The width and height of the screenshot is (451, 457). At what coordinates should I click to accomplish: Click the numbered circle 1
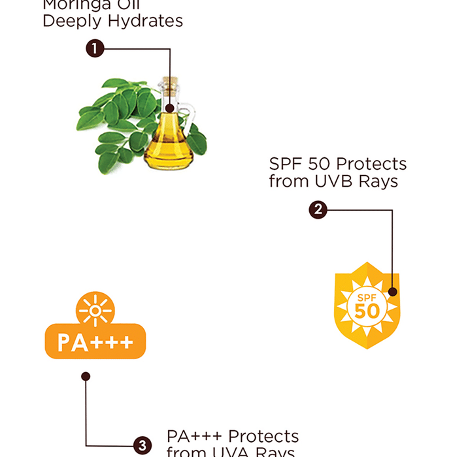coord(95,48)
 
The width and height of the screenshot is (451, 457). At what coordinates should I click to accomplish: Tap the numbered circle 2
coord(318,210)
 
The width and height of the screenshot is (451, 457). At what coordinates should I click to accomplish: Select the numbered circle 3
coord(142,447)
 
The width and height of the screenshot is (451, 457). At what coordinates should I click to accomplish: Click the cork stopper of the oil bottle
coord(171,86)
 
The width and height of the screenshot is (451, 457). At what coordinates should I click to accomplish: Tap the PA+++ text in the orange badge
coord(95,342)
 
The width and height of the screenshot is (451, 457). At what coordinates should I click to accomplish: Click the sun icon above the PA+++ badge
coord(95,309)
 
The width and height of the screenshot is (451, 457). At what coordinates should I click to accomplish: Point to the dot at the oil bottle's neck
coord(170,109)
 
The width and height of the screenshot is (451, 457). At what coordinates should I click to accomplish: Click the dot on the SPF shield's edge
coord(392,292)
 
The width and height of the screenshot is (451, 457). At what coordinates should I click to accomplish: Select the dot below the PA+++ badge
coord(86,376)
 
